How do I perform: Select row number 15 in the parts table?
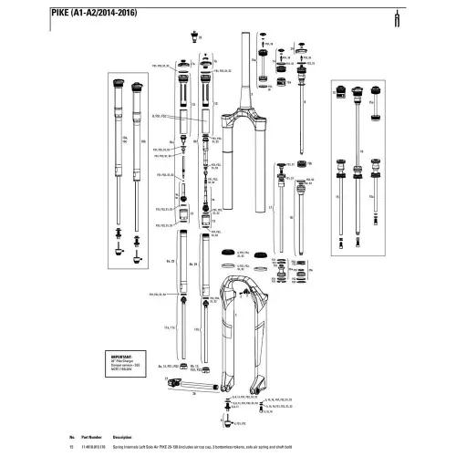click(70, 447)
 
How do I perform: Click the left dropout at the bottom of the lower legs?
click(221, 373)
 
